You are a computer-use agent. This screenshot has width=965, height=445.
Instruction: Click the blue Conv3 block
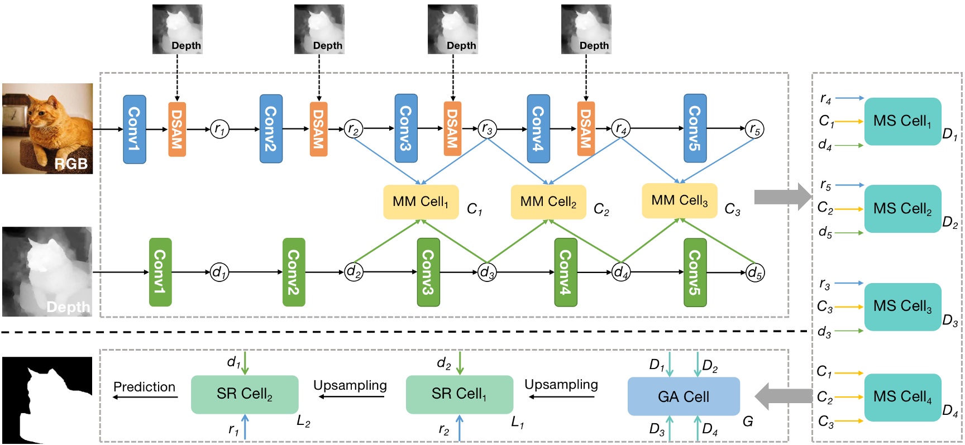(x=406, y=128)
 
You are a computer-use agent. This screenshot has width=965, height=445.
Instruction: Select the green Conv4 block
(x=565, y=272)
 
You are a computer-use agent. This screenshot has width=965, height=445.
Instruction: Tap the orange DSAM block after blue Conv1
(x=177, y=129)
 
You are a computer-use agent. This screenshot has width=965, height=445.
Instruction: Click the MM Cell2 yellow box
(x=548, y=202)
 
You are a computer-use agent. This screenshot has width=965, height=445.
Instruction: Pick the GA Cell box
(x=684, y=396)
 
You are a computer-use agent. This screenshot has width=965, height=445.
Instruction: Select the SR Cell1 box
(x=459, y=394)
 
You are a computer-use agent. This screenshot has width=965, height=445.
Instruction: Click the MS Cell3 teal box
(x=902, y=307)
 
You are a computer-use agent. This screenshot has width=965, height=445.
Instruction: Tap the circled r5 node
(x=754, y=130)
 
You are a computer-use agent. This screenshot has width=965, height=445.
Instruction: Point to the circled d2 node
(x=353, y=272)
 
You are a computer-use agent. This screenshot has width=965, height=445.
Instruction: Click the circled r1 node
(x=219, y=130)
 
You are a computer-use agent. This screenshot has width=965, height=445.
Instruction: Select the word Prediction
(x=144, y=387)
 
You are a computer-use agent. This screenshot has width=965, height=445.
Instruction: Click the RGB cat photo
(x=47, y=128)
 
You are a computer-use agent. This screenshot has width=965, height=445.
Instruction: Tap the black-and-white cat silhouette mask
(x=47, y=400)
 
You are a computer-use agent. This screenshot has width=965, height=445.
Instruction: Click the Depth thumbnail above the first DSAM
(x=178, y=29)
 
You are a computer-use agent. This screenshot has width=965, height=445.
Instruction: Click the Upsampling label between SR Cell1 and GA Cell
(x=561, y=385)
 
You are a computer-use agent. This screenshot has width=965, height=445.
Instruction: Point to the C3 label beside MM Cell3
(x=732, y=209)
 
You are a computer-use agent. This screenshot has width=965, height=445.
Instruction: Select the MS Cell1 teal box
(x=902, y=121)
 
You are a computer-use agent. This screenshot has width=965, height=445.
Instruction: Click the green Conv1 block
(x=160, y=272)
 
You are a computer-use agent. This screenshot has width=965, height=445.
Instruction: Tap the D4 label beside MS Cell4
(x=950, y=411)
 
